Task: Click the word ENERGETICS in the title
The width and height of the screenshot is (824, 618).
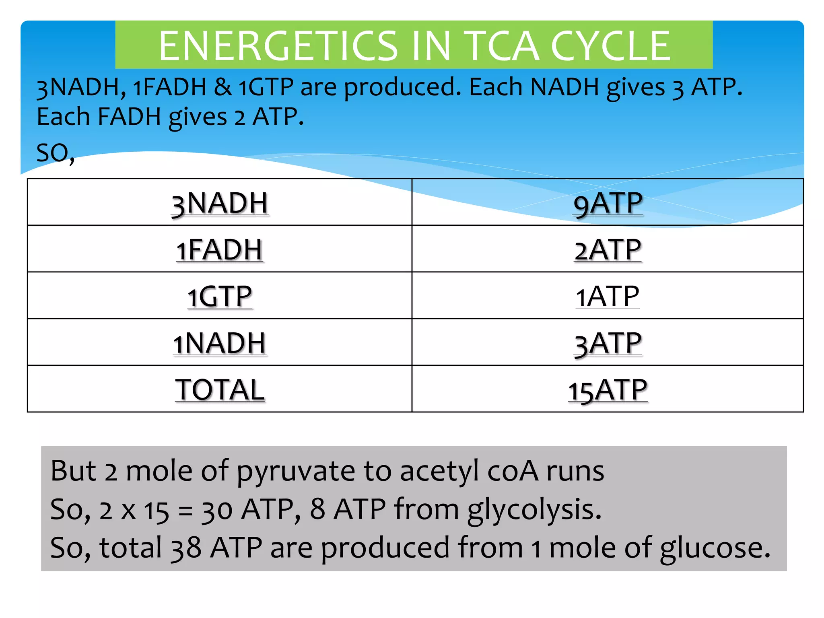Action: pyautogui.click(x=278, y=46)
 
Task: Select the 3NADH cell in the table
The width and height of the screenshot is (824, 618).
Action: pyautogui.click(x=220, y=203)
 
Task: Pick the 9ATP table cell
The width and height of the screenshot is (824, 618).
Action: pyautogui.click(x=608, y=203)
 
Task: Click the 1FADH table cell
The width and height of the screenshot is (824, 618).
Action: pyautogui.click(x=220, y=249)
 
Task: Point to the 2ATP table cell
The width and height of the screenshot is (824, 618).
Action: pyautogui.click(x=608, y=249)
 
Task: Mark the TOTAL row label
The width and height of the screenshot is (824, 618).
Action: pyautogui.click(x=220, y=389)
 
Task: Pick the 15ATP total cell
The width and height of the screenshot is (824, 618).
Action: pyautogui.click(x=608, y=389)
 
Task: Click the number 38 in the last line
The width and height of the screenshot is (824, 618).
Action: pyautogui.click(x=186, y=548)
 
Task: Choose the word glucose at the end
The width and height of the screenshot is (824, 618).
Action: pyautogui.click(x=715, y=548)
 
